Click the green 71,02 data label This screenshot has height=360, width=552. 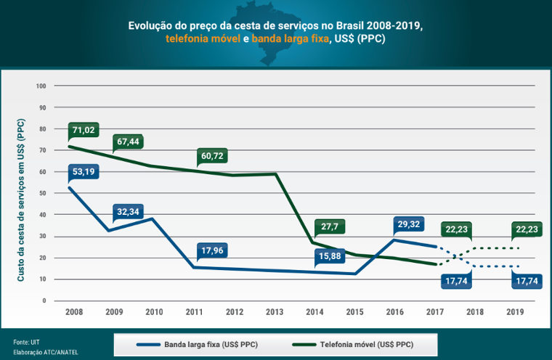point(84,130)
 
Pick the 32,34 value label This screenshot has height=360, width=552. point(129,213)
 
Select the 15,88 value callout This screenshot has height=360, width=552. point(329,255)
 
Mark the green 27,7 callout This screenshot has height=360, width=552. point(329,227)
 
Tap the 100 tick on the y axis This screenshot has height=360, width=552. point(41,86)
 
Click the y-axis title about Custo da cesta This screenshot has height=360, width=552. point(21,200)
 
